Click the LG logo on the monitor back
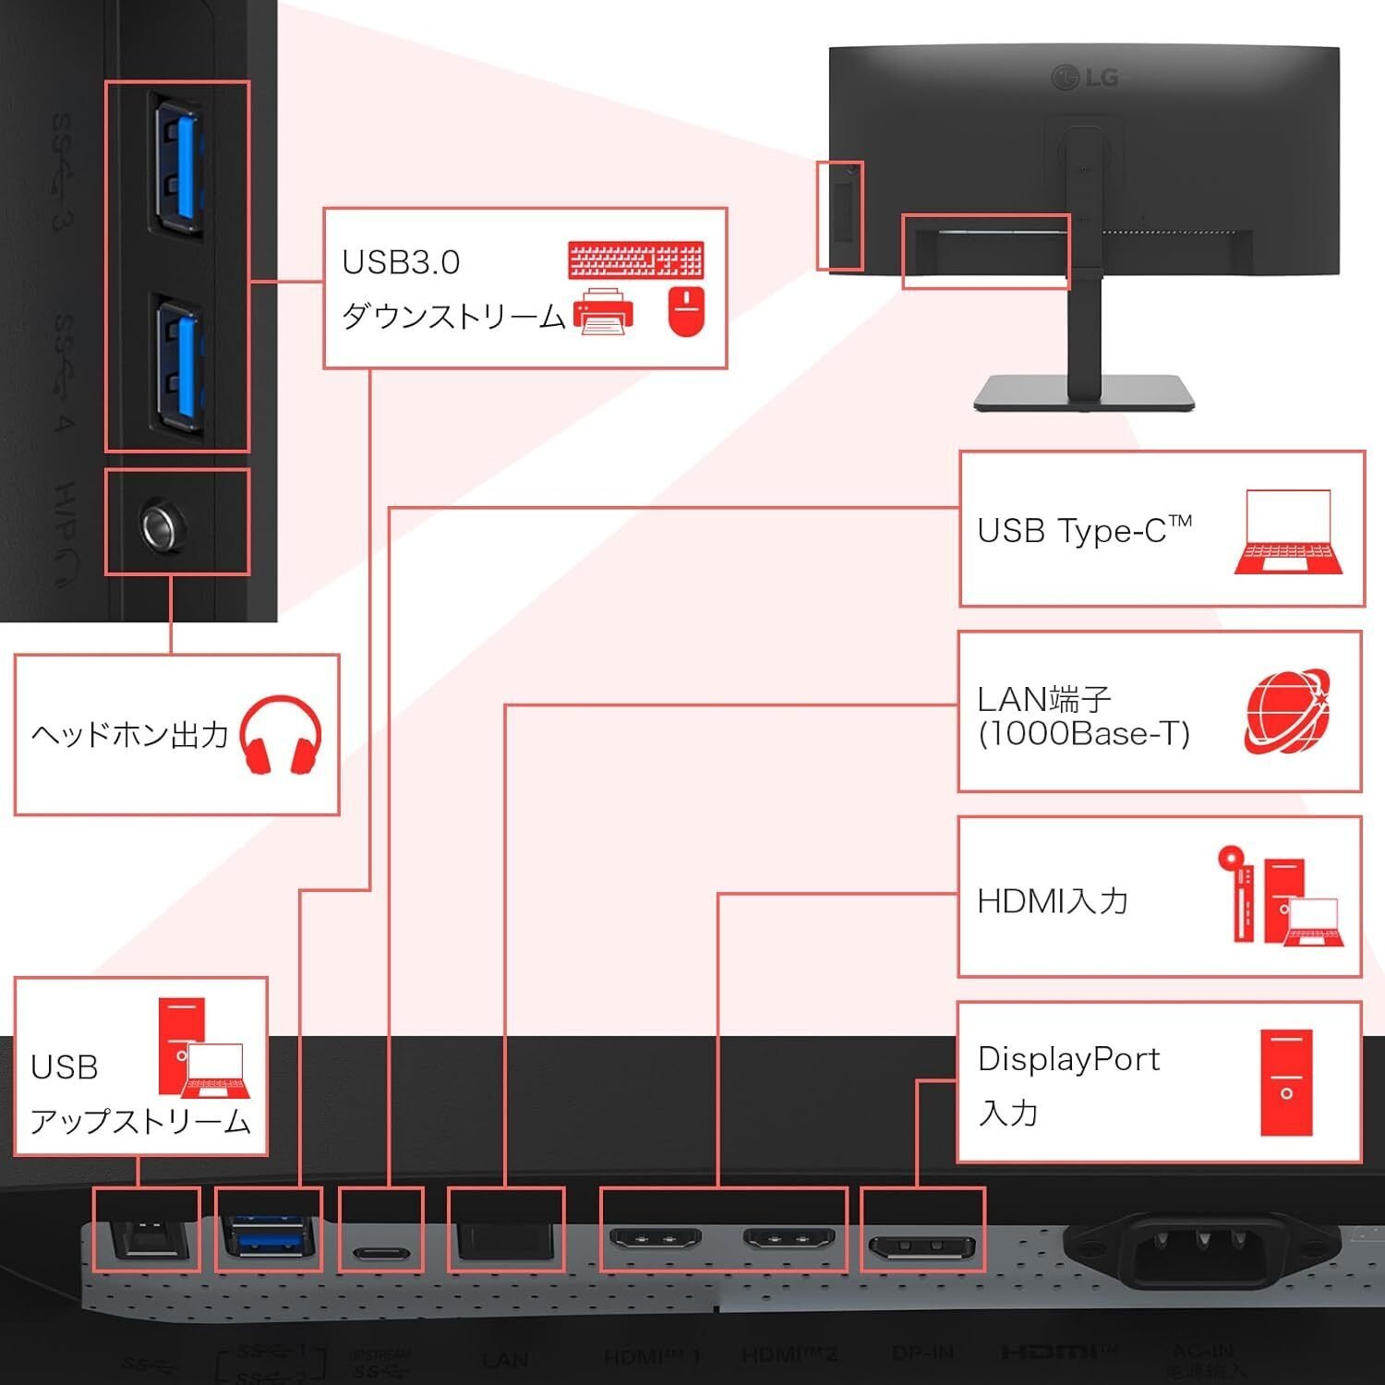[1085, 78]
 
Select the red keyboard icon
[636, 259]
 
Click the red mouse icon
[685, 311]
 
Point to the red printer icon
[604, 311]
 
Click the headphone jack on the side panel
[163, 525]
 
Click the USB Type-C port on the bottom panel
[380, 1255]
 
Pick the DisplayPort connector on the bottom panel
[921, 1248]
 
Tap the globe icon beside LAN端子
[1288, 712]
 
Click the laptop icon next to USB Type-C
[1288, 533]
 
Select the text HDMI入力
[1053, 901]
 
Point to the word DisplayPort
[1068, 1059]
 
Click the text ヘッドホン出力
[130, 735]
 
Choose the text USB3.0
[401, 263]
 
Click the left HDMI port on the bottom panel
[656, 1237]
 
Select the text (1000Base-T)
[1084, 734]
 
